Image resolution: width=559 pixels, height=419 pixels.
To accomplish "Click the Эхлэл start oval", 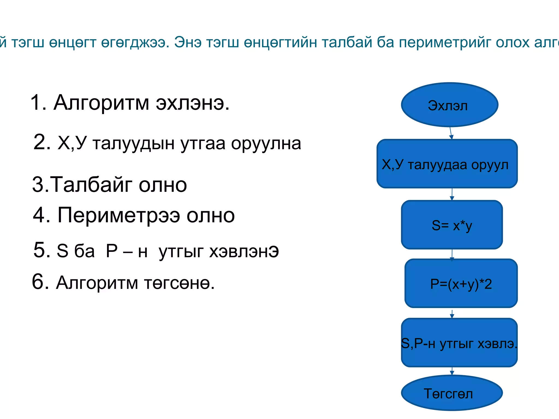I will click(450, 105).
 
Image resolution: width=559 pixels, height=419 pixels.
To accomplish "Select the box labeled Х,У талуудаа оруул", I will click(447, 164).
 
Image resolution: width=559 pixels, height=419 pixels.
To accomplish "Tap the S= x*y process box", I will click(452, 225).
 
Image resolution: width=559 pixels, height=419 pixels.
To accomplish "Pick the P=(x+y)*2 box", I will click(461, 283).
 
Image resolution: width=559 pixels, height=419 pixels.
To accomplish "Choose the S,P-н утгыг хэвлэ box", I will click(459, 343).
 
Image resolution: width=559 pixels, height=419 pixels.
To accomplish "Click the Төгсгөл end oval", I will click(452, 393).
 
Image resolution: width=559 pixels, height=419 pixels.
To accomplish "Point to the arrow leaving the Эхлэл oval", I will click(451, 133).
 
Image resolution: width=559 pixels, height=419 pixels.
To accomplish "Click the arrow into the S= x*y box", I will click(452, 194).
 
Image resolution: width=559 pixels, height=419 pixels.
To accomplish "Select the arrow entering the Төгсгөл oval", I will click(452, 371).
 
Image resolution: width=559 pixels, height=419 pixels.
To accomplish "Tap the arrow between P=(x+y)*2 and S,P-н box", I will click(452, 314).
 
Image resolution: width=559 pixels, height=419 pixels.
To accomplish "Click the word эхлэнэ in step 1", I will click(192, 103).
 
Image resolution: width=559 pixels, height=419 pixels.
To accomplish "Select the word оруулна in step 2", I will click(266, 143).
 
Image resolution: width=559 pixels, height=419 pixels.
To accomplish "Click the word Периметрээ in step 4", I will click(119, 216).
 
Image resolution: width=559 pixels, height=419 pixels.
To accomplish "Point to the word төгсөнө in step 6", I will click(179, 283).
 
